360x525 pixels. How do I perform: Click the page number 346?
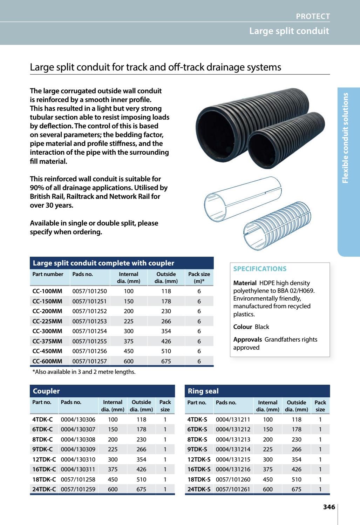point(329,507)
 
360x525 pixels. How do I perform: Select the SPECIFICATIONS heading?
point(260,269)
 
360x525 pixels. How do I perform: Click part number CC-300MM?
point(47,331)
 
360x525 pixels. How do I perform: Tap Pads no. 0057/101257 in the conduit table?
point(89,361)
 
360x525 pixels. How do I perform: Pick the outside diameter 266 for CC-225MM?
point(166,321)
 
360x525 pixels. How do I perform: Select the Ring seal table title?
point(203,391)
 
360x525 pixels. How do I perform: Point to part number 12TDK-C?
point(44,459)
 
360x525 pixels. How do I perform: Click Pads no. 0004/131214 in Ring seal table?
point(233,449)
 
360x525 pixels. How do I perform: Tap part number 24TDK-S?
point(199,489)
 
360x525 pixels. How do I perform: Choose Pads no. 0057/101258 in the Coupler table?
point(78,479)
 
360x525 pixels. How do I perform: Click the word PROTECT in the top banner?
point(313,16)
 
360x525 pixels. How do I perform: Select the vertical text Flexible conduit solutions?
point(346,137)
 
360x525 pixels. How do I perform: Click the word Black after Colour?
point(262,327)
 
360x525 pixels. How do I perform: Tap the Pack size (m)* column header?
point(199,277)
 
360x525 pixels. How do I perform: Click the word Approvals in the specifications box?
point(247,339)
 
